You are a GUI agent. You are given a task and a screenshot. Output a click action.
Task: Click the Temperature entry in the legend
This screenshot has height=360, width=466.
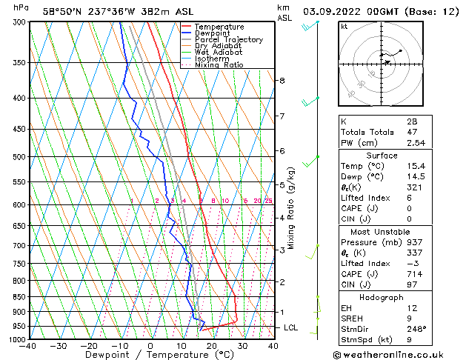pyautogui.click(x=219, y=27)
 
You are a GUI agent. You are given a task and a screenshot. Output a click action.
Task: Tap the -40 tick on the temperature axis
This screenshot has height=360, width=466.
pyautogui.click(x=28, y=346)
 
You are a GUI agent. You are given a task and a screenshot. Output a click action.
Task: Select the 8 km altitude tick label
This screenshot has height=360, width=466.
pyautogui.click(x=282, y=80)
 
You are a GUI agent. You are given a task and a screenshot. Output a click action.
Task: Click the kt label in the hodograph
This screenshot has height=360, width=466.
pyautogui.click(x=344, y=26)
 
